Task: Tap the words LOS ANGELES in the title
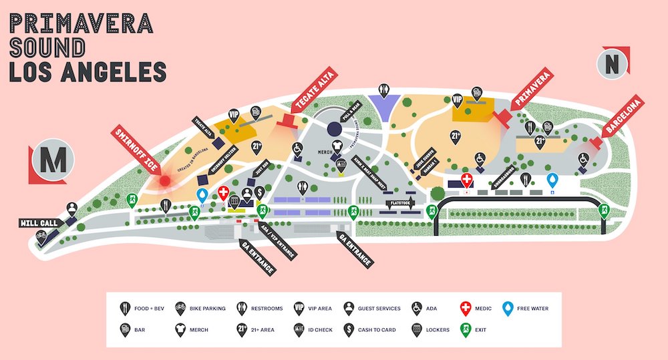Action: point(86,71)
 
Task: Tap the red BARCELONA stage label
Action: point(622,118)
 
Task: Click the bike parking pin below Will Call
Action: point(42,236)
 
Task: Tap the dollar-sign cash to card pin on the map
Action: point(259,193)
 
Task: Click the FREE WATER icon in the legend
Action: point(510,308)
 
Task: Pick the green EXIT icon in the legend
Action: point(467,329)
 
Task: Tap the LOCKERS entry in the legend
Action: point(434,329)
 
